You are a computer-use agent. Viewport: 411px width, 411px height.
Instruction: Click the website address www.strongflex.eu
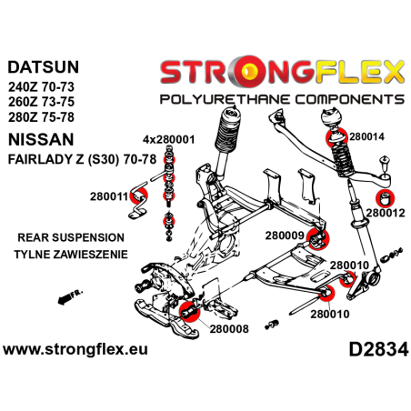click(x=76, y=349)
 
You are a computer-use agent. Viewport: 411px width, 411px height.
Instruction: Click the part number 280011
click(x=108, y=194)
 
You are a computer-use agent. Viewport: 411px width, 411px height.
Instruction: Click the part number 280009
click(x=283, y=235)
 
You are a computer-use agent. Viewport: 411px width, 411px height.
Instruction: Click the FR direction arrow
click(x=65, y=298)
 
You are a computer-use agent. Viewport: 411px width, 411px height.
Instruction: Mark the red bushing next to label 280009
click(x=317, y=240)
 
